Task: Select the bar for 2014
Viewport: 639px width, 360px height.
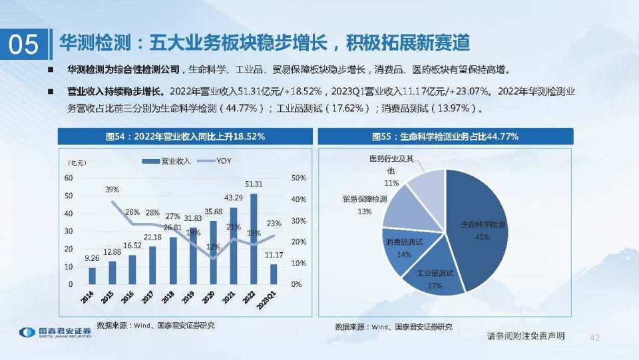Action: pyautogui.click(x=93, y=275)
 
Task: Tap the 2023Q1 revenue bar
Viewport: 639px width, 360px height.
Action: pyautogui.click(x=273, y=273)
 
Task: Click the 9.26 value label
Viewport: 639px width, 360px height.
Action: pyautogui.click(x=93, y=258)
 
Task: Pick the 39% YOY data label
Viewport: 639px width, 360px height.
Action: pyautogui.click(x=112, y=190)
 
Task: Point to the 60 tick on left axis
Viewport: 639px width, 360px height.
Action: pyautogui.click(x=69, y=178)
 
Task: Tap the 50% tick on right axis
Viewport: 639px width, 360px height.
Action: pyautogui.click(x=299, y=178)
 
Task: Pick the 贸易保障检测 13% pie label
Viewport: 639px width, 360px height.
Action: pyautogui.click(x=364, y=204)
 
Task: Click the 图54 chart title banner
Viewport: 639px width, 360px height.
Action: pyautogui.click(x=185, y=136)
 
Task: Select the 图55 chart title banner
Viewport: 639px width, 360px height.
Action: pyautogui.click(x=445, y=136)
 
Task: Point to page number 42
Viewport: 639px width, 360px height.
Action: pyautogui.click(x=594, y=337)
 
